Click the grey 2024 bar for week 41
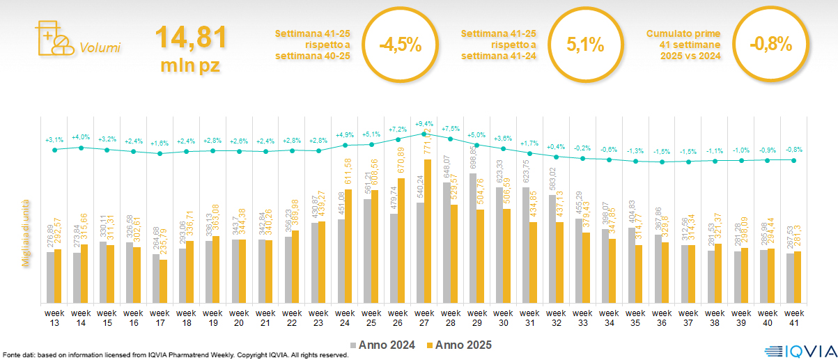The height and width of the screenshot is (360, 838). [x=790, y=278]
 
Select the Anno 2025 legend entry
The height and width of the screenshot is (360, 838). [x=460, y=345]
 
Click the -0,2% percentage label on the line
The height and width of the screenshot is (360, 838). [x=582, y=148]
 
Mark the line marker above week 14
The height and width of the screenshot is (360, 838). [x=81, y=148]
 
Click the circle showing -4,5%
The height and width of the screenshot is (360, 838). [x=400, y=45]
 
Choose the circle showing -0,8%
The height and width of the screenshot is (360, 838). [x=771, y=45]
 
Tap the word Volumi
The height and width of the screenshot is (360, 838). [x=100, y=48]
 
